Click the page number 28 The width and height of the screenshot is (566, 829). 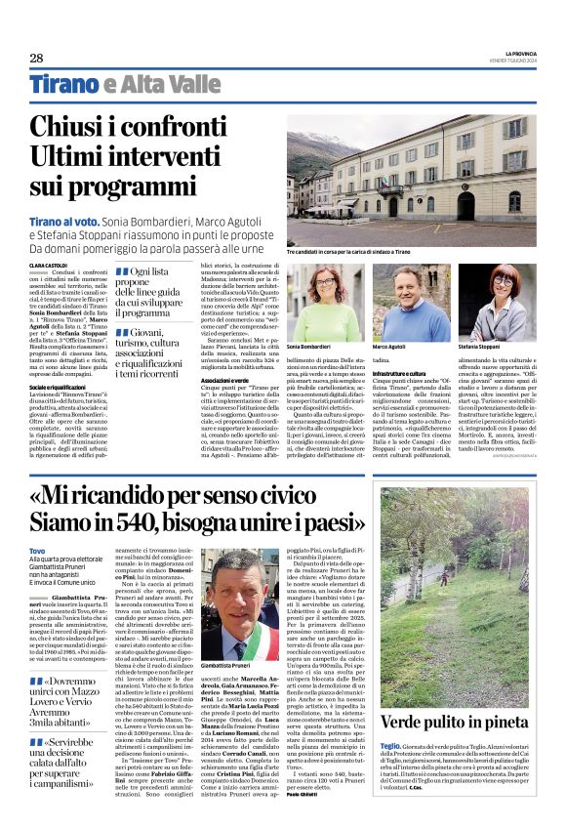(36, 59)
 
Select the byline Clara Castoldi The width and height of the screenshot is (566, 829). (49, 266)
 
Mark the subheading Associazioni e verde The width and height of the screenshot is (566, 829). (222, 380)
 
